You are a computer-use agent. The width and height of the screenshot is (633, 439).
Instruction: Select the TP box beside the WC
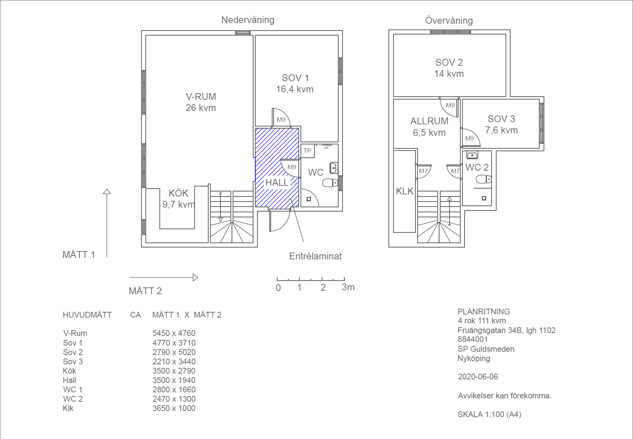coord(308,151)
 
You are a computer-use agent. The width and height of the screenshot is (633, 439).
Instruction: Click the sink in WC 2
coord(472,155)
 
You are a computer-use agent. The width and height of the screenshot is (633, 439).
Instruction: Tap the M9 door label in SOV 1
coord(281,120)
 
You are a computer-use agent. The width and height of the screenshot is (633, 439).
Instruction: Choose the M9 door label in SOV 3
coord(470,138)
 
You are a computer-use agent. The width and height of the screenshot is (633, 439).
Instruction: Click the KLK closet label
coord(405,191)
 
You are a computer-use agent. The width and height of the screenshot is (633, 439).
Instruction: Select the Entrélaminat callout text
coord(315,256)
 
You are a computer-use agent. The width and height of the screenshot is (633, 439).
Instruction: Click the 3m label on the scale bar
coord(348,287)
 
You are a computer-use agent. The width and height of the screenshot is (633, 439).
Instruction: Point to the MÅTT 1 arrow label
coord(79,255)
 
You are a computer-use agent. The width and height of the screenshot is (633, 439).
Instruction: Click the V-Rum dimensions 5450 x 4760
coord(174,333)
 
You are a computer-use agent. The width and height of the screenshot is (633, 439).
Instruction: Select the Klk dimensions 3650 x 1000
coord(174,408)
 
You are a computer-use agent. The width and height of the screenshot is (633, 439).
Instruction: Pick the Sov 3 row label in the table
coord(73,361)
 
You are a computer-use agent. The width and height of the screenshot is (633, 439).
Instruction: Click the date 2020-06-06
coord(478,376)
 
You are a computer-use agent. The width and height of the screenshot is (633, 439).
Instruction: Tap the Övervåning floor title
coord(449,20)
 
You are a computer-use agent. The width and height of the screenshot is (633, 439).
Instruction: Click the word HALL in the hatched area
coord(277,182)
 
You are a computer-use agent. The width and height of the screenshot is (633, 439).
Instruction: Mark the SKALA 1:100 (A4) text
coord(489,414)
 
